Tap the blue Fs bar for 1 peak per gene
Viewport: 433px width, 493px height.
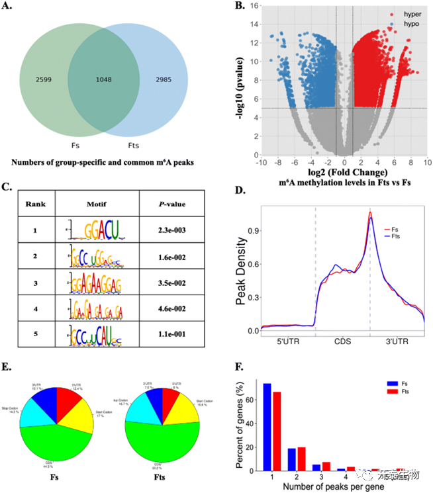tap(267, 427)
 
